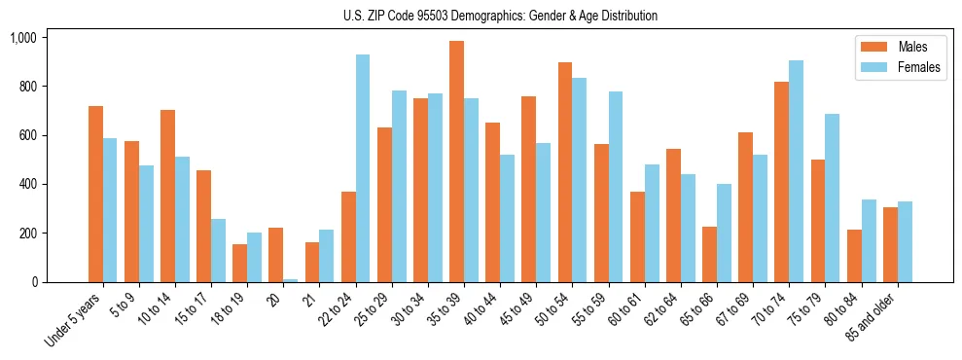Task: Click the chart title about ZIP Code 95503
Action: pyautogui.click(x=500, y=16)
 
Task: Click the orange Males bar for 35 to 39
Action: pyautogui.click(x=456, y=162)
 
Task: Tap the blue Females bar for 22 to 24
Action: pyautogui.click(x=362, y=168)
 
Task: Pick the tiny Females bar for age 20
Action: pyautogui.click(x=290, y=280)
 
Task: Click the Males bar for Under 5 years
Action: pyautogui.click(x=95, y=195)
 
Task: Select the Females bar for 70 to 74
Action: pyautogui.click(x=795, y=171)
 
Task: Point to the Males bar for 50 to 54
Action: pyautogui.click(x=564, y=172)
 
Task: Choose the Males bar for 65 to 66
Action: pyautogui.click(x=708, y=254)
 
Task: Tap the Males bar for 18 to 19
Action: pyautogui.click(x=239, y=263)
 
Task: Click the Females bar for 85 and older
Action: pyautogui.click(x=904, y=242)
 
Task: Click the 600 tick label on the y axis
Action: pyautogui.click(x=26, y=135)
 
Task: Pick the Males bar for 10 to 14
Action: pyautogui.click(x=167, y=196)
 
